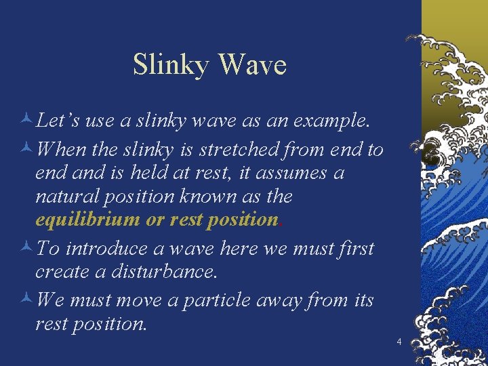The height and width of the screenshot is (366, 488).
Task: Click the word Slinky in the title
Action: [x=172, y=66]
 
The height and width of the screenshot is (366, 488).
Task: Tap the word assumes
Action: [x=302, y=173]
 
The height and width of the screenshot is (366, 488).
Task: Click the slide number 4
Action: [x=399, y=342]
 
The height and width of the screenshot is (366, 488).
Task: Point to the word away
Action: [x=278, y=300]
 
